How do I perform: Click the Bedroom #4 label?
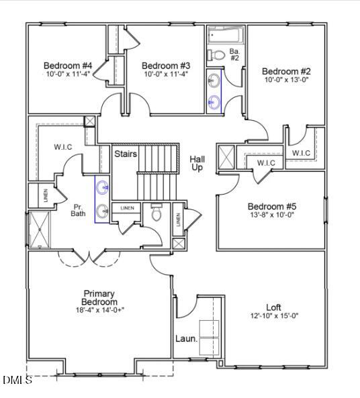(x=67, y=66)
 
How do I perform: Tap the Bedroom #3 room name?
(x=166, y=66)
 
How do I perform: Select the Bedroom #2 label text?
(x=286, y=71)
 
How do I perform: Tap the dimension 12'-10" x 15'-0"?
(x=273, y=315)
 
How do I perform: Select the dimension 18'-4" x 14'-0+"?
(x=99, y=310)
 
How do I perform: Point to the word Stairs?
(x=126, y=154)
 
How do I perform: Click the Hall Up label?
(x=197, y=163)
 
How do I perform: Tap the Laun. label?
(x=187, y=339)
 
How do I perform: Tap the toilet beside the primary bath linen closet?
(x=157, y=213)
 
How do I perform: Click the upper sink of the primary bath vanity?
(x=103, y=187)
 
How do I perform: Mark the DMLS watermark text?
(x=17, y=381)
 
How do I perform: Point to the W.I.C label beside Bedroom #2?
(x=301, y=153)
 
